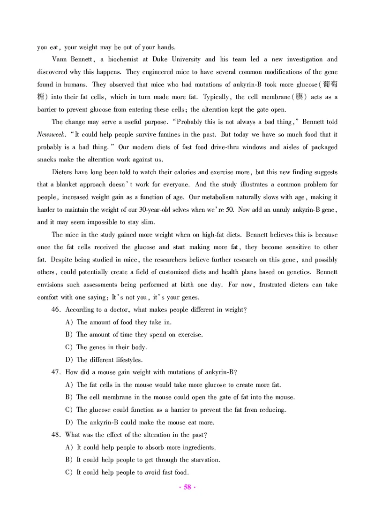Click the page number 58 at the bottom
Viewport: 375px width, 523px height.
(x=187, y=487)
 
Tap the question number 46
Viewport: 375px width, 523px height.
(x=57, y=310)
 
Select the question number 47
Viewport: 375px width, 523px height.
(x=57, y=372)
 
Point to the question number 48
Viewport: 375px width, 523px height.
(x=57, y=435)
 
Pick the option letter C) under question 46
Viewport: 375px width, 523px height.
(x=68, y=347)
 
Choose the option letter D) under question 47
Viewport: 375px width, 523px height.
(x=68, y=423)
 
